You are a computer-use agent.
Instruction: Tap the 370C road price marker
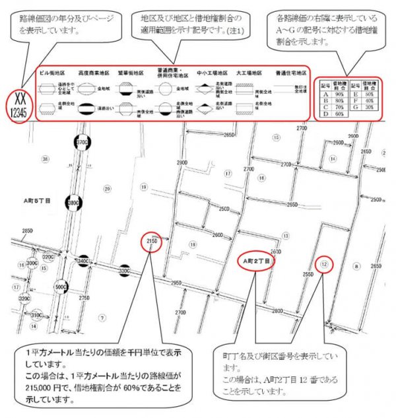pos(82,143)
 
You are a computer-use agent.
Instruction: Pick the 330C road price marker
pos(123,271)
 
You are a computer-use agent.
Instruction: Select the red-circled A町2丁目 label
pos(256,260)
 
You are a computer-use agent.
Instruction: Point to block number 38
pos(45,159)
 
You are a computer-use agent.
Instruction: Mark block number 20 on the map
pos(108,190)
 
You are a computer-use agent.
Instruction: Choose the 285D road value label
pos(28,231)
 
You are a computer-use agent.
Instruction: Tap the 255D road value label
pos(308,273)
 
